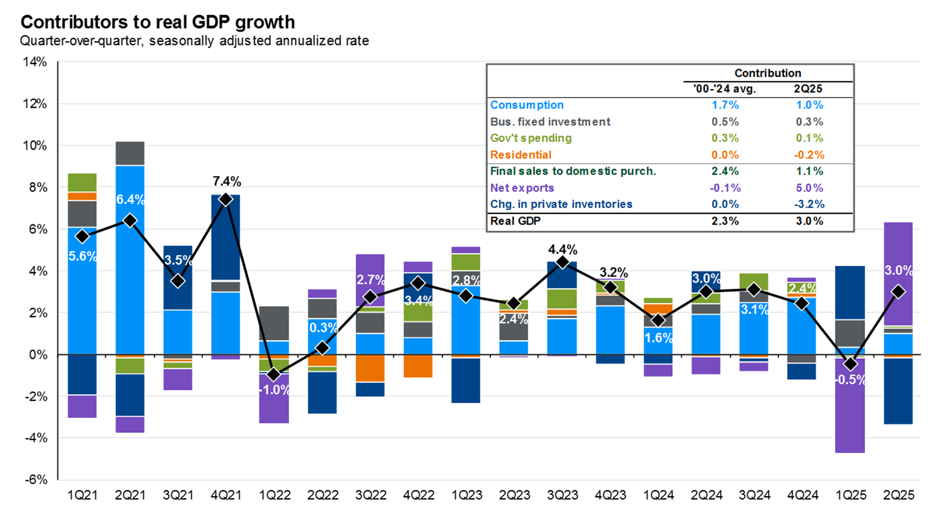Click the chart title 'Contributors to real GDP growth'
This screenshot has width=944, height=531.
point(158,22)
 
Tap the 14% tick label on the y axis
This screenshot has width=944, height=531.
point(35,62)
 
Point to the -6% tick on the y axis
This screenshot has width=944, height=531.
point(35,480)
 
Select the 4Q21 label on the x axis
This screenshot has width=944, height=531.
point(226,496)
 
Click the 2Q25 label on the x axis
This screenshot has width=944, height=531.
point(898,496)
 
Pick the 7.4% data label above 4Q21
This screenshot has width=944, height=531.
point(227,181)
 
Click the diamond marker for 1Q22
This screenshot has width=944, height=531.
point(273,375)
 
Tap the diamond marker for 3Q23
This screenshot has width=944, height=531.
point(562,262)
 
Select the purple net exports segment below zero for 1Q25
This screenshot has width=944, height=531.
point(850,414)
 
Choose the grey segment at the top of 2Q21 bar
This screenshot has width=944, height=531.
point(130,153)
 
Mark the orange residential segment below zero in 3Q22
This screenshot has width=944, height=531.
point(370,368)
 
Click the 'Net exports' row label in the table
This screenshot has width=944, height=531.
point(522,188)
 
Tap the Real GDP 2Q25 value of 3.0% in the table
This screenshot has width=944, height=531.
point(809,221)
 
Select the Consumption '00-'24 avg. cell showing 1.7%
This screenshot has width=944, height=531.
point(725,105)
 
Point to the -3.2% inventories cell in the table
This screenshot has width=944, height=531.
point(809,204)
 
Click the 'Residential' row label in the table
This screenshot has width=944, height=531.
point(520,155)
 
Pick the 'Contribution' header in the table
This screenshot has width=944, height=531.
point(767,73)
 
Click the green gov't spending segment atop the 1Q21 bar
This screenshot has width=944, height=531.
point(82,182)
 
